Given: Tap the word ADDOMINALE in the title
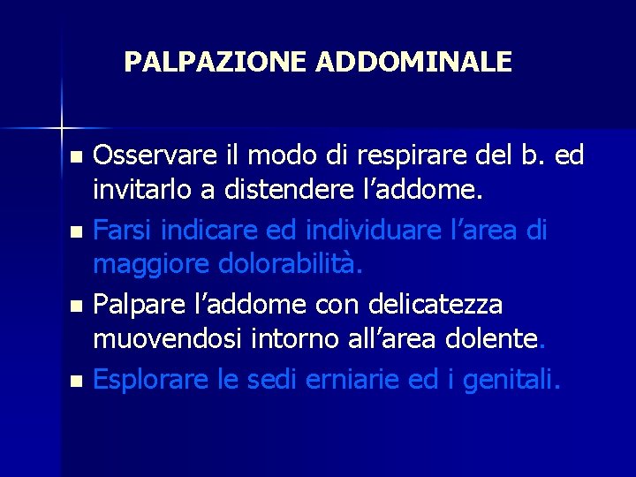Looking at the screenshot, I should [x=413, y=62].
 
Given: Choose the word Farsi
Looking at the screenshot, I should [x=121, y=231].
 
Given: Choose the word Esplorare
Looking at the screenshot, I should [x=149, y=381].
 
